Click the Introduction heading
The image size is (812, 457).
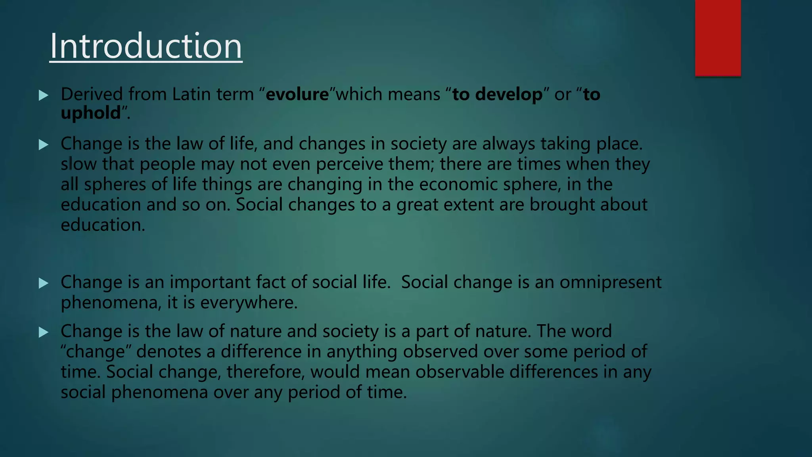click(146, 46)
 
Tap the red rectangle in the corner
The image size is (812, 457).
click(718, 38)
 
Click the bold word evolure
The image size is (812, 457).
click(297, 94)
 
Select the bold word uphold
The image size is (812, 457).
click(90, 113)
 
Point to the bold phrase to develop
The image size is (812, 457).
click(497, 94)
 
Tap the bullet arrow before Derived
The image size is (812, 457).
click(44, 95)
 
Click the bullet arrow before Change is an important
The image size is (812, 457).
click(44, 283)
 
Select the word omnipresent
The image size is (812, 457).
click(610, 282)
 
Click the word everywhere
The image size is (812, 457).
click(248, 303)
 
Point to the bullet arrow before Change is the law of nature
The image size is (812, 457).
click(44, 332)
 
